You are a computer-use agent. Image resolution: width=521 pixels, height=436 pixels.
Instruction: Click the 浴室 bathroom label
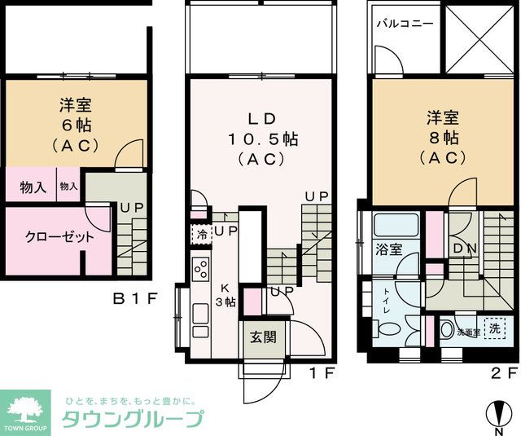[x=388, y=249]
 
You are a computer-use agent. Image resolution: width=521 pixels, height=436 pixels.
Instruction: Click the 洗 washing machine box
[x=493, y=328]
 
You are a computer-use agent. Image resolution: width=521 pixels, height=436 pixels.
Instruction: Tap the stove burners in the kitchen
[x=201, y=267]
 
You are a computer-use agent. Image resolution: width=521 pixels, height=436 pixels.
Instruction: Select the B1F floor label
[x=134, y=299]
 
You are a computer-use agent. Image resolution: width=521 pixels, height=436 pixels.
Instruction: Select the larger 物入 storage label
[x=33, y=187]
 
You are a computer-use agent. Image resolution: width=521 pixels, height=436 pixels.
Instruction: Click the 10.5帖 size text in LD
[x=261, y=139]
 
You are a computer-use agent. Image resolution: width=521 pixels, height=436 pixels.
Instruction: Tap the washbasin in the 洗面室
[x=448, y=330]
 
